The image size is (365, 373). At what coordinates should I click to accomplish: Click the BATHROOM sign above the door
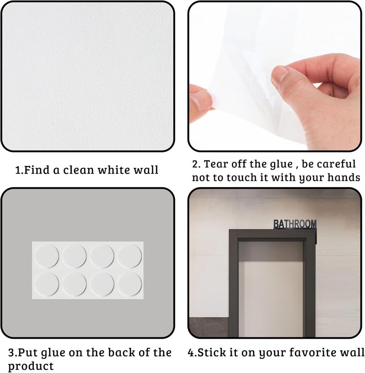295,224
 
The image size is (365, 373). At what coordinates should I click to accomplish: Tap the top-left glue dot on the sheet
47,257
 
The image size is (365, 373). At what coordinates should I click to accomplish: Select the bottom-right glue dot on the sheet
130,284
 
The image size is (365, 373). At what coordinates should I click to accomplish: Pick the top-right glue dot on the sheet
130,257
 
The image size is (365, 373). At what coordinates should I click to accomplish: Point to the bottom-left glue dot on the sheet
47,284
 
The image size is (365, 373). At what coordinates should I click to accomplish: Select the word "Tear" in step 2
216,164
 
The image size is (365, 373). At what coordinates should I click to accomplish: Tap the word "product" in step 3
31,366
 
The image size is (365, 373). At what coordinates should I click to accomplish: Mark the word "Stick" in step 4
211,352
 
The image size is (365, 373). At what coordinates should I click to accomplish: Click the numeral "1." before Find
20,170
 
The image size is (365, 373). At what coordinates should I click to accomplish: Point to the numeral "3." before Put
13,352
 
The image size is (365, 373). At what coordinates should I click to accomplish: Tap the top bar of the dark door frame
272,234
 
